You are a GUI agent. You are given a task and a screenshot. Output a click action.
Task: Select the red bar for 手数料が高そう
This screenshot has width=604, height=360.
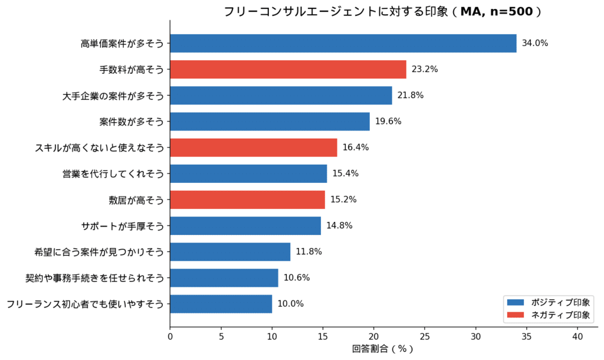coord(288,69)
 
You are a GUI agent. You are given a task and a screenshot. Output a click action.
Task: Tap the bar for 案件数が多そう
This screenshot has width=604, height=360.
coord(270,122)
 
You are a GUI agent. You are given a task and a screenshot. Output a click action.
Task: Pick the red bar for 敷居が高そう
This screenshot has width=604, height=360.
coord(247,199)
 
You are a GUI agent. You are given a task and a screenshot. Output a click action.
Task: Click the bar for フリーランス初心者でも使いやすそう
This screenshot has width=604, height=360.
coord(221,304)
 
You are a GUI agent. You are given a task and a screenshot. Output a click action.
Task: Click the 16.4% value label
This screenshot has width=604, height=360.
coord(355,148)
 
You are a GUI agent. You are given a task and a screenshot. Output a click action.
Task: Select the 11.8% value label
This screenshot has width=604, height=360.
coord(308,252)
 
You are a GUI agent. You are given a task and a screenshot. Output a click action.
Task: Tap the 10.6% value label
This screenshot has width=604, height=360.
coord(296,278)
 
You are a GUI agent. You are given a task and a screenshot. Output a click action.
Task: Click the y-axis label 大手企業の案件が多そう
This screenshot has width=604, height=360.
coord(113,96)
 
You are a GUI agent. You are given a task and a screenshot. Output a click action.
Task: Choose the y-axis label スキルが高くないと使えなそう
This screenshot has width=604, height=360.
coord(99,148)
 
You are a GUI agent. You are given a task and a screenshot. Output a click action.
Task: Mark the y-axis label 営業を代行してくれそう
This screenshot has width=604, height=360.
coord(113,174)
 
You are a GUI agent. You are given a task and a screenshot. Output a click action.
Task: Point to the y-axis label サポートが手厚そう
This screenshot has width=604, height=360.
coord(122,226)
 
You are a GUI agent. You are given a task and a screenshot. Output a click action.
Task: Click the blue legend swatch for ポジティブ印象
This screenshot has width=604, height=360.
coord(515,302)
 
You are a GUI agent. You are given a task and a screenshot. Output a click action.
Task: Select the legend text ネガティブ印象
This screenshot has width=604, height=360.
coord(560,315)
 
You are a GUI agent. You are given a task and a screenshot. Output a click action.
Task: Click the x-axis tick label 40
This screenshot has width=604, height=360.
coord(577,336)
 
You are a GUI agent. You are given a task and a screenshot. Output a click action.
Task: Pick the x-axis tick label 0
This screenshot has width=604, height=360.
coord(170,336)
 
